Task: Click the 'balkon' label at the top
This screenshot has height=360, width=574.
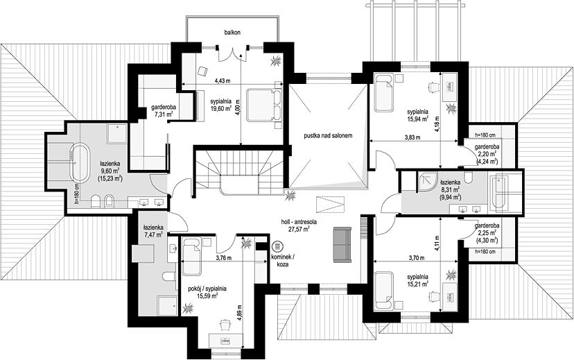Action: point(232,33)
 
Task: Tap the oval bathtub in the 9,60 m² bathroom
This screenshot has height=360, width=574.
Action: point(80,164)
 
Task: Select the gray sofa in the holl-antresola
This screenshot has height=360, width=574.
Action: point(342,245)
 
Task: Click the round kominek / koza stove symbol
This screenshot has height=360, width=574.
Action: point(277,246)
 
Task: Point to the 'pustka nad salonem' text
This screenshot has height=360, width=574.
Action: point(328,135)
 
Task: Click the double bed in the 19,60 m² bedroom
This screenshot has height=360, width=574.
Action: point(263,105)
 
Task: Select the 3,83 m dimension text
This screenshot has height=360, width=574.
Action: point(412,138)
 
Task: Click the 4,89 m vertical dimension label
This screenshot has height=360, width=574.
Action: point(239,313)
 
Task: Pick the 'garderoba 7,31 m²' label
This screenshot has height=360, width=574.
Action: point(164,111)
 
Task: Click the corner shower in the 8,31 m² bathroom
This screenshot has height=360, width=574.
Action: point(428,182)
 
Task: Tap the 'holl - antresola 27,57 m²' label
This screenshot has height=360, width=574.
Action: point(299,225)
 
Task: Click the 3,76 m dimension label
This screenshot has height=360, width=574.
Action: point(224,258)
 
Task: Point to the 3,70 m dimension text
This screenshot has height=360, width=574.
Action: point(417,258)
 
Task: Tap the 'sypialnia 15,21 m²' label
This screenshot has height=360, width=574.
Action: point(417,280)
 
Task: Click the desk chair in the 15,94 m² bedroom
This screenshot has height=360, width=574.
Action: point(434,87)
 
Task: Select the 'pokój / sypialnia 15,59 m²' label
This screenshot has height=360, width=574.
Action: point(207,292)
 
